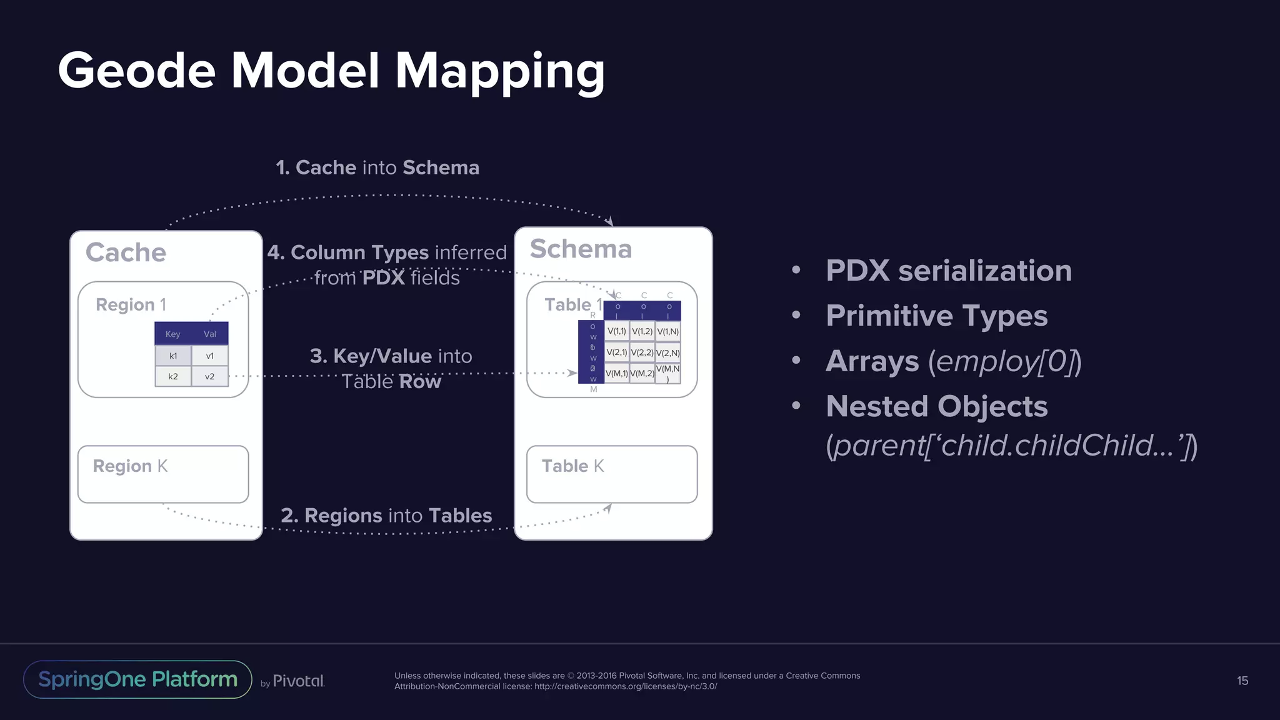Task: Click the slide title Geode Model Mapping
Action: (x=331, y=70)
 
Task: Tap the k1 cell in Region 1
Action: (x=173, y=356)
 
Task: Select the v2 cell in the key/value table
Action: (x=210, y=376)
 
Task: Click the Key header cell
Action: (x=173, y=334)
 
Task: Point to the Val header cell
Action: (x=210, y=334)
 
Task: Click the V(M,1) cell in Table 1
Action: (x=616, y=373)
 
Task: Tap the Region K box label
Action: (x=130, y=466)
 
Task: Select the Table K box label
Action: (x=572, y=466)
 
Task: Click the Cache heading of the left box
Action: (x=126, y=252)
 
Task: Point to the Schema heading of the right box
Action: (x=581, y=249)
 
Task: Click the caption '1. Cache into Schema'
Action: (x=377, y=167)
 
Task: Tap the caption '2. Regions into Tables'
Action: (x=386, y=516)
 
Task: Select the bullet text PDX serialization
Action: (x=948, y=271)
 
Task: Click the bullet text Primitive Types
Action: (x=936, y=316)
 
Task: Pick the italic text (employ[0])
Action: (x=1005, y=361)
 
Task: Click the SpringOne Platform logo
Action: (x=137, y=679)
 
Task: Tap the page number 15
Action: (x=1242, y=681)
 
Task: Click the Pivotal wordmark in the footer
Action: (x=298, y=681)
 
